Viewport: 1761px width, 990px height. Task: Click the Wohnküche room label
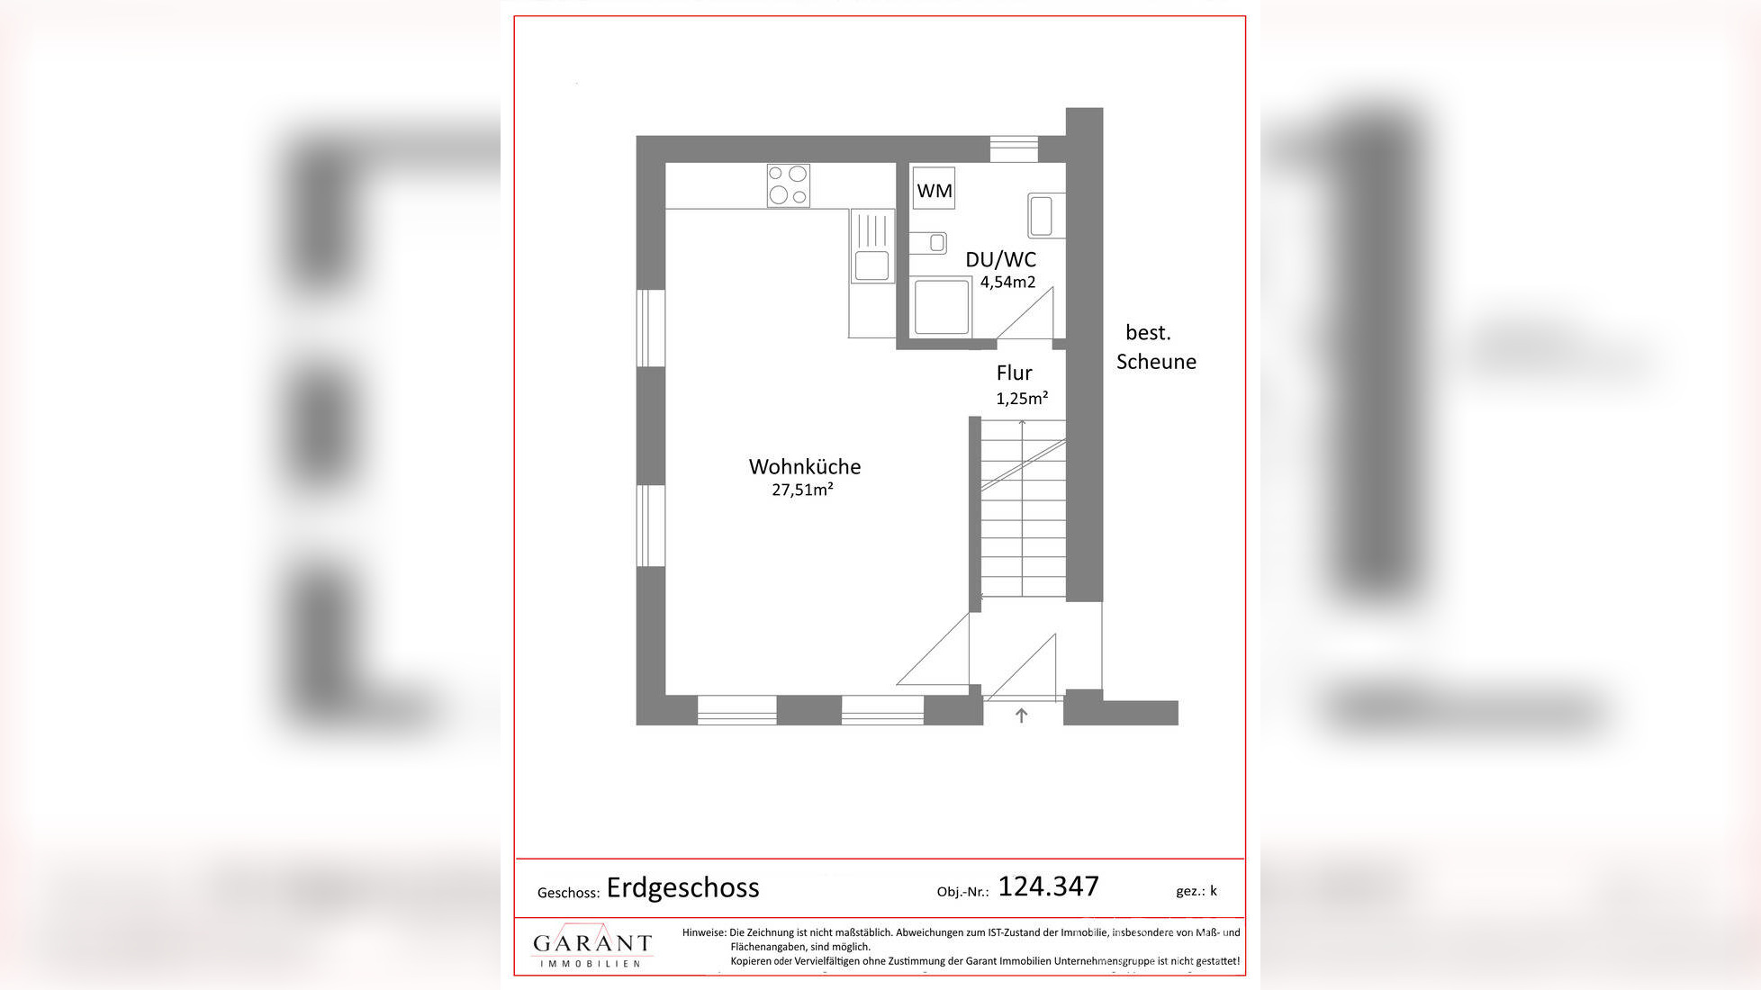pyautogui.click(x=804, y=466)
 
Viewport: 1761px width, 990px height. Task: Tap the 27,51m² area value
pyautogui.click(x=801, y=490)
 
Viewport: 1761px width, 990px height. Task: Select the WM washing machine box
pyautogui.click(x=934, y=190)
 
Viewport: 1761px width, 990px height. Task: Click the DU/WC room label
pyautogui.click(x=1000, y=259)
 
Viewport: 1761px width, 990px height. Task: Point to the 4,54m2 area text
pyautogui.click(x=1007, y=282)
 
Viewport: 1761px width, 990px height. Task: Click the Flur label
pyautogui.click(x=1014, y=373)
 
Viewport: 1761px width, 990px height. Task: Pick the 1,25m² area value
pyautogui.click(x=1022, y=398)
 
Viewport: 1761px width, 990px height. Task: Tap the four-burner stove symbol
pyautogui.click(x=788, y=185)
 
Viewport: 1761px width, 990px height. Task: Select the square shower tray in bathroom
pyautogui.click(x=942, y=307)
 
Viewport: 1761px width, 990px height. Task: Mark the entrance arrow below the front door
pyautogui.click(x=1021, y=715)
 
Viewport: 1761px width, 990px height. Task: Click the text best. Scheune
pyautogui.click(x=1155, y=346)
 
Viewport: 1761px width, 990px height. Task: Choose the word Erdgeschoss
pyautogui.click(x=682, y=887)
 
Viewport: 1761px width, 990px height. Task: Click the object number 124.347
pyautogui.click(x=1048, y=886)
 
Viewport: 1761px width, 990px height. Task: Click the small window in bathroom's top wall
pyautogui.click(x=1014, y=148)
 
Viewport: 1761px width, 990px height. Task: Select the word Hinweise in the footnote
pyautogui.click(x=703, y=932)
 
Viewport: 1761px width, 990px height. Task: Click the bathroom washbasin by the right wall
pyautogui.click(x=1044, y=216)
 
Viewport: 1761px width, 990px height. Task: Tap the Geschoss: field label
pyautogui.click(x=568, y=893)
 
